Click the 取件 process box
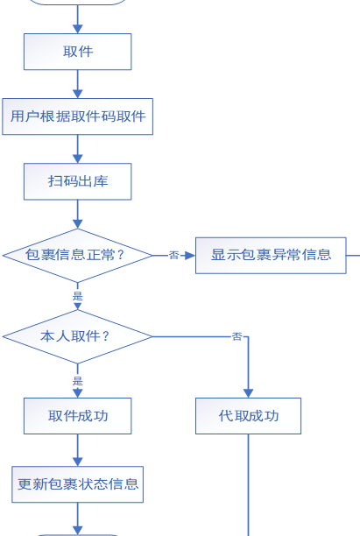[x=78, y=52]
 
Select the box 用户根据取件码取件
[x=78, y=116]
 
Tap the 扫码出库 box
[x=78, y=181]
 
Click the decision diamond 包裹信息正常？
[x=78, y=256]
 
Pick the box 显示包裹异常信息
[x=271, y=256]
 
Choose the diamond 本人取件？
[x=78, y=336]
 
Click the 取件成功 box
[x=78, y=416]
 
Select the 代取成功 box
[x=248, y=416]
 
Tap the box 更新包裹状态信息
[x=78, y=484]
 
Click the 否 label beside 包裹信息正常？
[x=174, y=255]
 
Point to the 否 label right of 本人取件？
[x=236, y=336]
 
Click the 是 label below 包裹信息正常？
[x=78, y=296]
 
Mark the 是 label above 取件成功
[x=78, y=381]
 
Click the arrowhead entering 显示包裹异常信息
[x=190, y=256]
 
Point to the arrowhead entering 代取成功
[x=248, y=393]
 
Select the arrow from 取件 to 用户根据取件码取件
[x=78, y=84]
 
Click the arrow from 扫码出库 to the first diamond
[x=78, y=214]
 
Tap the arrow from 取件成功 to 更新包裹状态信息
[x=78, y=450]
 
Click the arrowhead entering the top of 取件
[x=78, y=29]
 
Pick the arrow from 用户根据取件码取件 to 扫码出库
[x=78, y=149]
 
